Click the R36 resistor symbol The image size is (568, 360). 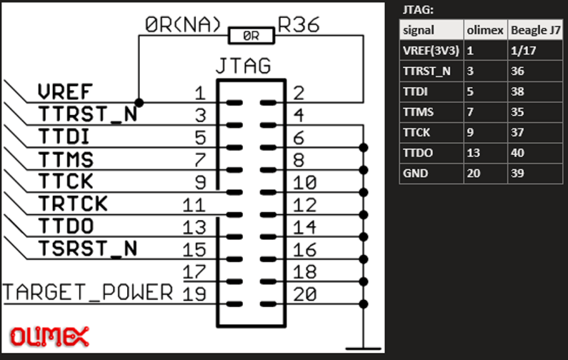(250, 34)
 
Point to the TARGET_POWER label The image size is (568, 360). (88, 293)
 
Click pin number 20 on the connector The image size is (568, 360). (305, 294)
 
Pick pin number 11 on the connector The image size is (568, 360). (194, 205)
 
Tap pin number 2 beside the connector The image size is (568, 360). (298, 92)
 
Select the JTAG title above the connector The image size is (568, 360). (243, 66)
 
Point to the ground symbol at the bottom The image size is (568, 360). (364, 349)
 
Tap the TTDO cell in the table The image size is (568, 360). (419, 152)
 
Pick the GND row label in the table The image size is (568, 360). (416, 173)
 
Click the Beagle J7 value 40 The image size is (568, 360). (518, 152)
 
